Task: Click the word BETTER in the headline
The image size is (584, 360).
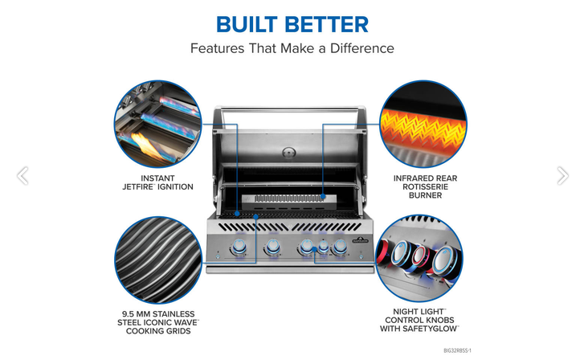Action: click(327, 25)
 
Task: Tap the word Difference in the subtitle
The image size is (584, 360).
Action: click(361, 48)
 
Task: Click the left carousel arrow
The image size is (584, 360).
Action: click(22, 175)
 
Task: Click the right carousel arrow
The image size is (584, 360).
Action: click(562, 175)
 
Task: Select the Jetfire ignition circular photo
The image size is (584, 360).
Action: click(158, 124)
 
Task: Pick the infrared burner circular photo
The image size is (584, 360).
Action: click(423, 124)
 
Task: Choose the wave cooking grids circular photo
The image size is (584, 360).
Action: click(158, 260)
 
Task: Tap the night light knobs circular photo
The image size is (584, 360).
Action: click(419, 258)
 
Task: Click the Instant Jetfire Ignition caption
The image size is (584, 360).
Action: click(158, 182)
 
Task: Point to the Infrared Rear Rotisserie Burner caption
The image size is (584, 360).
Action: click(425, 186)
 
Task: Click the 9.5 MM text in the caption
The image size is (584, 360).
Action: click(137, 314)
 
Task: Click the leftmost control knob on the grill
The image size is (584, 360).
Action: click(239, 247)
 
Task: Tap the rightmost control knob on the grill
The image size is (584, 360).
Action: click(340, 247)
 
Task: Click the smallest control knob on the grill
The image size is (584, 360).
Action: click(323, 247)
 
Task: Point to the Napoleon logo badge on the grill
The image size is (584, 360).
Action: click(360, 239)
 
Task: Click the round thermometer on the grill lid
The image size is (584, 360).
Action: click(289, 153)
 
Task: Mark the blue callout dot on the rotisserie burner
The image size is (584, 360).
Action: click(323, 196)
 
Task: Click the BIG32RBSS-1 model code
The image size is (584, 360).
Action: click(457, 350)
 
